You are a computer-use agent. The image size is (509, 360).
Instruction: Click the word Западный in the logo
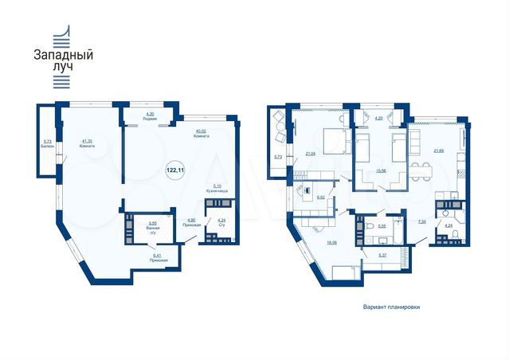(x=63, y=56)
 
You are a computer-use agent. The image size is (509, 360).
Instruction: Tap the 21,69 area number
(x=438, y=150)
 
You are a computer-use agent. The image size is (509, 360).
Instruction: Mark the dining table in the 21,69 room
(x=425, y=169)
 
